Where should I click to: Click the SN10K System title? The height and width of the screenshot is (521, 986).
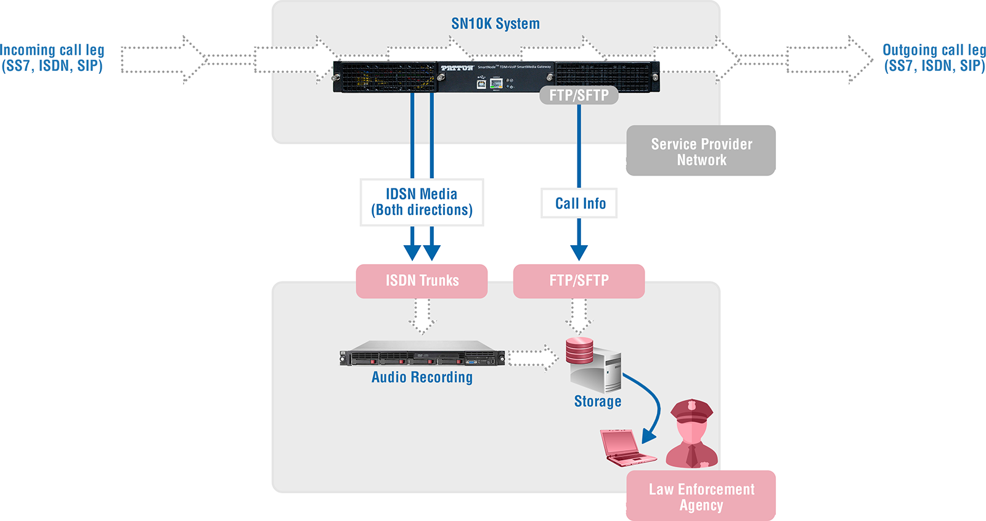click(495, 23)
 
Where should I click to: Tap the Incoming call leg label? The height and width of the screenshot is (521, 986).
click(52, 58)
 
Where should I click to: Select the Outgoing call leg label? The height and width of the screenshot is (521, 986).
click(934, 58)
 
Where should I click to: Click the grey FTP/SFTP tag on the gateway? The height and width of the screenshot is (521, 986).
click(579, 95)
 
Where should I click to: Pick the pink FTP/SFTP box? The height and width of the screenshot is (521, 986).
click(579, 281)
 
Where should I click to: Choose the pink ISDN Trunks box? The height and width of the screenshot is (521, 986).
click(422, 281)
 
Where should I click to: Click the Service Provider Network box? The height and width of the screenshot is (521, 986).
click(701, 150)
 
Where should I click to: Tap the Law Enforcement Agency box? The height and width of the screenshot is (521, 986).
click(701, 496)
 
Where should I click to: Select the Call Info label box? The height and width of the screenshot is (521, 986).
click(579, 203)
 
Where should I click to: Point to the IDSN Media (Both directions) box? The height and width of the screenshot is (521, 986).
click(422, 202)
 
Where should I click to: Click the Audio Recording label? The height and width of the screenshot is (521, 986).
click(422, 377)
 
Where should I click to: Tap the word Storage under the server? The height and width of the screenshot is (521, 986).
click(597, 402)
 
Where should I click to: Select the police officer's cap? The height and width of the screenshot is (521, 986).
click(691, 411)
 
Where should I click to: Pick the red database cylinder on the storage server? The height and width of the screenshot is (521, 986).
click(579, 350)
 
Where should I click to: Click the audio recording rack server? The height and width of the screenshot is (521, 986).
click(422, 353)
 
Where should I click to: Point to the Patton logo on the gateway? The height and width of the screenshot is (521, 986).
click(457, 68)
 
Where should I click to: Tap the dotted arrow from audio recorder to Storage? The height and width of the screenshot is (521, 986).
click(533, 358)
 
